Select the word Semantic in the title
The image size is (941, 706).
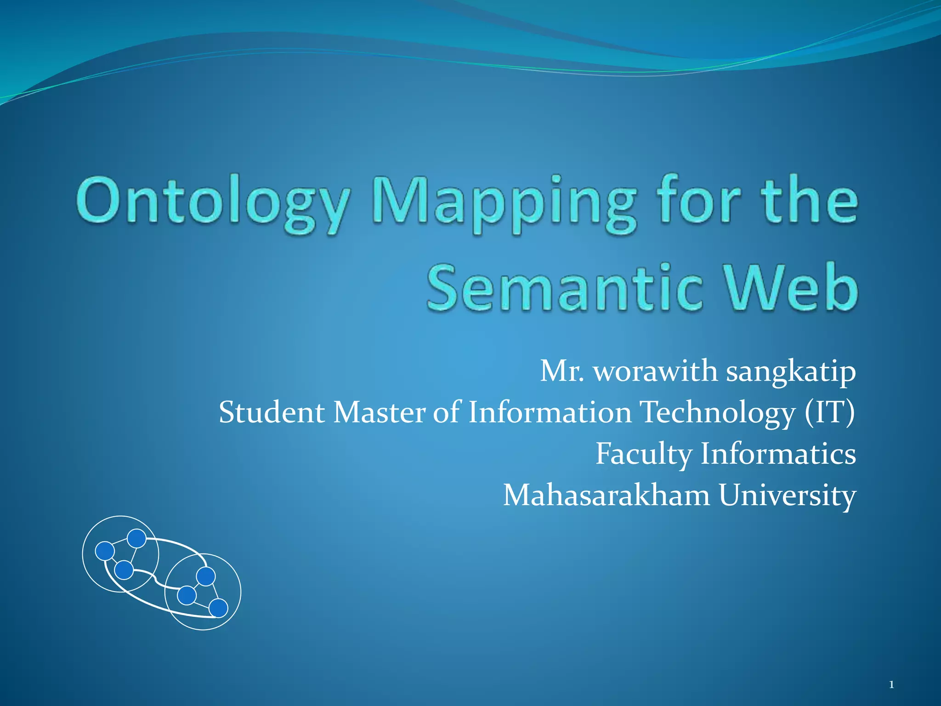[x=565, y=287]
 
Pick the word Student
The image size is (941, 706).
[x=272, y=412]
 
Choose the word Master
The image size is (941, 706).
[x=380, y=412]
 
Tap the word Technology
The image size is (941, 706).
[x=717, y=413]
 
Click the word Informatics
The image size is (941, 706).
[x=778, y=454]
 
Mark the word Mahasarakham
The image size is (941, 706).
[x=607, y=495]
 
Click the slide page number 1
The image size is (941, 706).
[x=891, y=685]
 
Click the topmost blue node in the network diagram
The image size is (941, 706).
[x=136, y=539]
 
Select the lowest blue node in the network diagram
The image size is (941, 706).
[x=218, y=608]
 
